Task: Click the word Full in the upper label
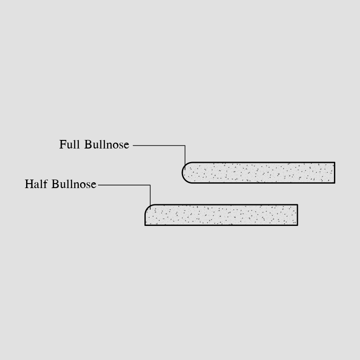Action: [x=70, y=144]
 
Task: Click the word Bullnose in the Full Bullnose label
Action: [x=107, y=144]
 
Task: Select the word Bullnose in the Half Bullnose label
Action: [x=74, y=184]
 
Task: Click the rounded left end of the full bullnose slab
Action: [x=183, y=173]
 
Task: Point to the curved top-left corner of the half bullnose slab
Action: [x=148, y=207]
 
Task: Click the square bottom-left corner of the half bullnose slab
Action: [x=145, y=225]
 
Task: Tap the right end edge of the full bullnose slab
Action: [x=335, y=173]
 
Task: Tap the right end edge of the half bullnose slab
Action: [x=297, y=215]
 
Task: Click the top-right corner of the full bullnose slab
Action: [x=335, y=162]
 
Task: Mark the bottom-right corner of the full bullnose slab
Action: [x=335, y=183]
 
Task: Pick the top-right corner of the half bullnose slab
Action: [x=297, y=205]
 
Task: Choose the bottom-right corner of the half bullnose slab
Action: [x=297, y=225]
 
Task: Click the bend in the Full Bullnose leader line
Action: [x=185, y=145]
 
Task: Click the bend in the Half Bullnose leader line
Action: [x=150, y=185]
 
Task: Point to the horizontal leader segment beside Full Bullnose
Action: [x=159, y=145]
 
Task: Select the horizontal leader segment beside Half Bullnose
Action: [x=124, y=185]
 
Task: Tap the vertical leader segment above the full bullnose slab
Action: [x=185, y=157]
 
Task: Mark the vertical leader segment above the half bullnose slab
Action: [x=150, y=197]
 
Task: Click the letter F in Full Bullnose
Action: [x=63, y=144]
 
